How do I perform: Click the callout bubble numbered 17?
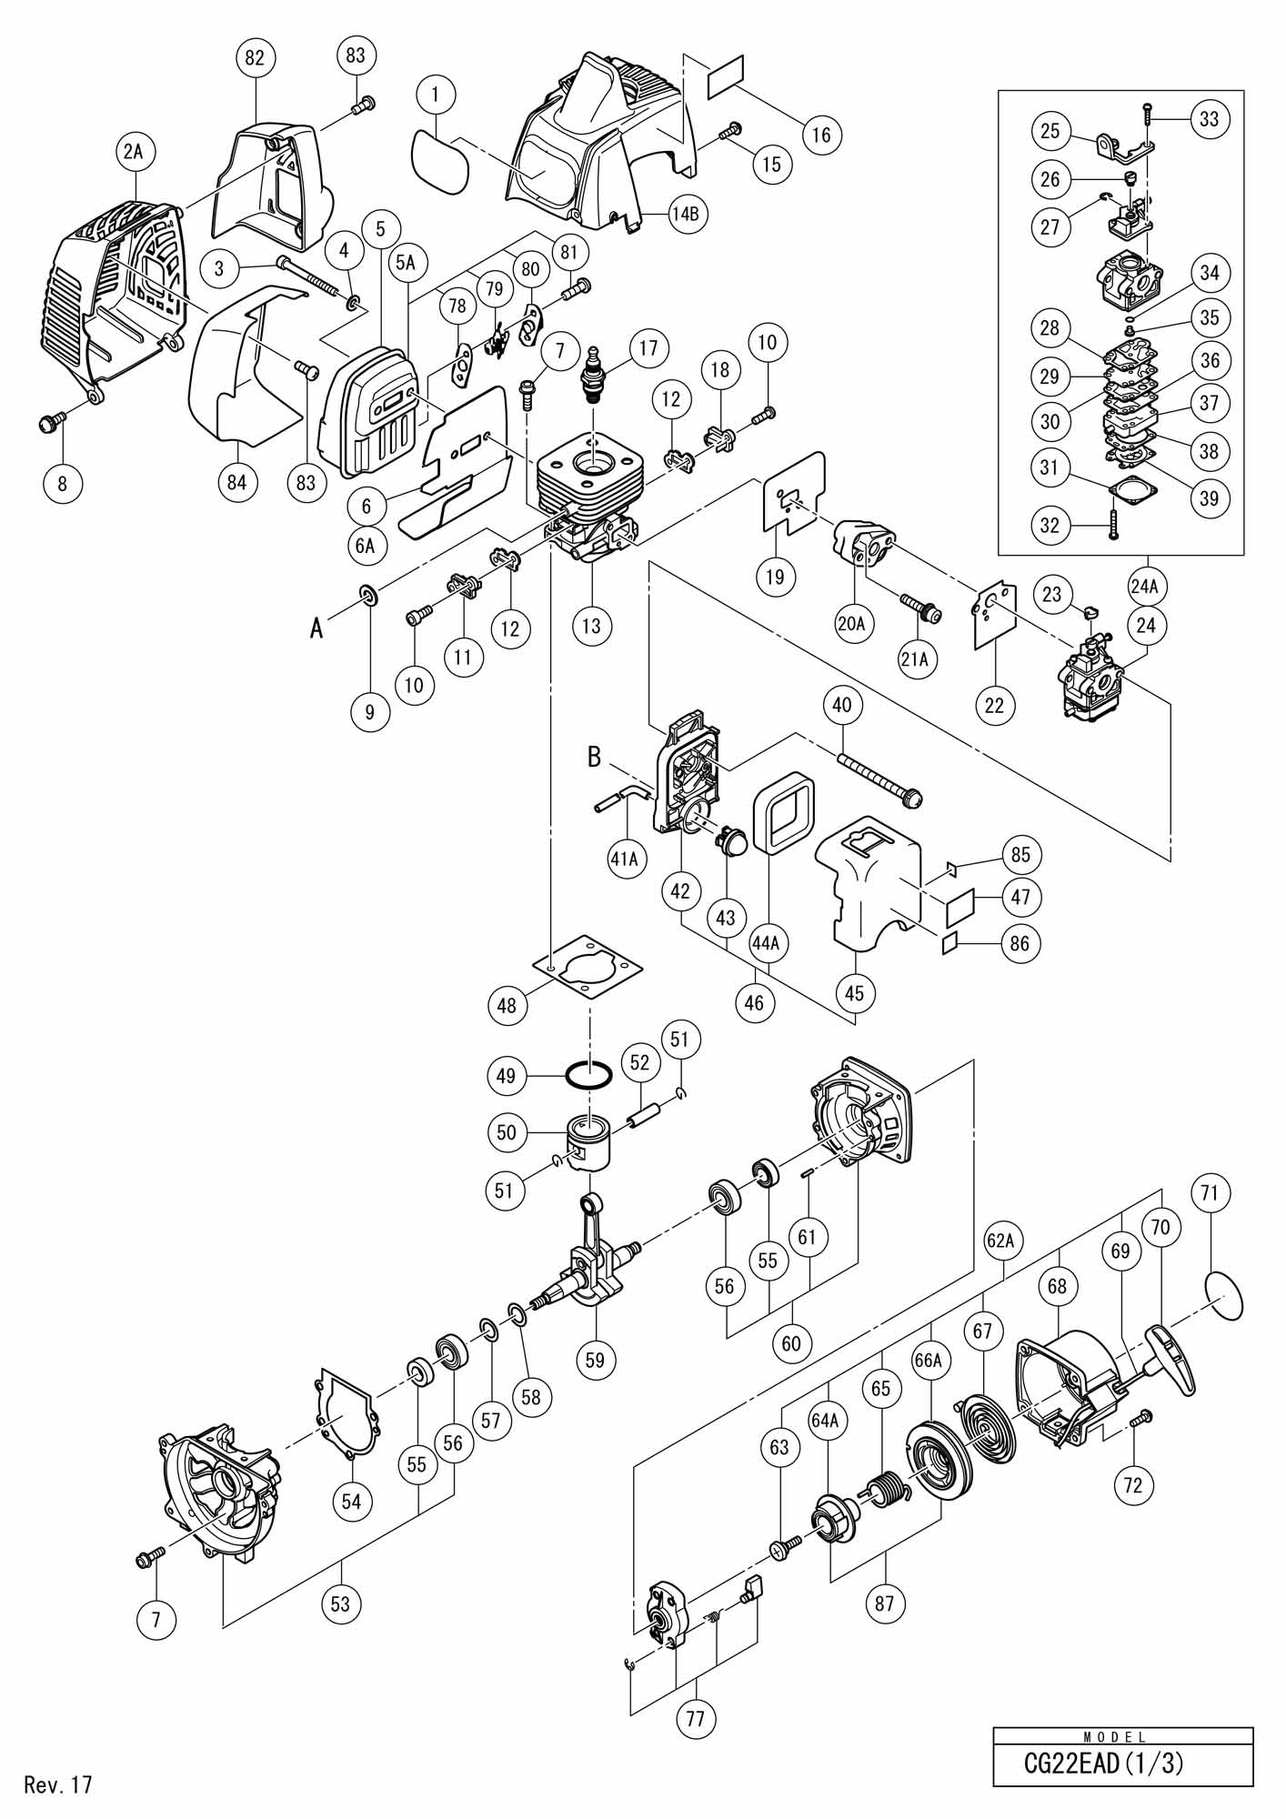tap(648, 348)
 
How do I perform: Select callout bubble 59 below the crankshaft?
tap(594, 1360)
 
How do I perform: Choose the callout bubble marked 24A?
tap(1144, 588)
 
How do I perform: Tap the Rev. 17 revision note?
tap(59, 1784)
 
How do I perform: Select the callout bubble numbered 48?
tap(507, 1005)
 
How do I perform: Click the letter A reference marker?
tap(316, 628)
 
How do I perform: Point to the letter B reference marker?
tap(595, 756)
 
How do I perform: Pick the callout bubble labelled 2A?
tap(134, 153)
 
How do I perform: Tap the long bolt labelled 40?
tap(880, 775)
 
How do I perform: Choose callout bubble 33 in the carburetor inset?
tap(1210, 119)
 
